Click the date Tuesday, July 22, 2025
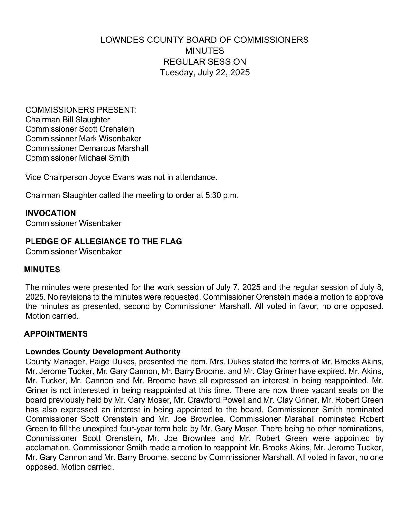205,72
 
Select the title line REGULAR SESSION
205,62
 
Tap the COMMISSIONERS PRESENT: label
81,110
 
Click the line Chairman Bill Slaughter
68,120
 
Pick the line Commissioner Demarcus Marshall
87,148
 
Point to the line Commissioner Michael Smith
77,158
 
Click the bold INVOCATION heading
50,213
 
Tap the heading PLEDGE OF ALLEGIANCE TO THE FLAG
104,242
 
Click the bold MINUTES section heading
42,270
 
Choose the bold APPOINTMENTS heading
56,334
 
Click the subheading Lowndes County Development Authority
103,351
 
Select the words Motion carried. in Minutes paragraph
52,316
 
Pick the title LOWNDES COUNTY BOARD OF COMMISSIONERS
205,40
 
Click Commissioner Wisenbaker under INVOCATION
73,223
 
